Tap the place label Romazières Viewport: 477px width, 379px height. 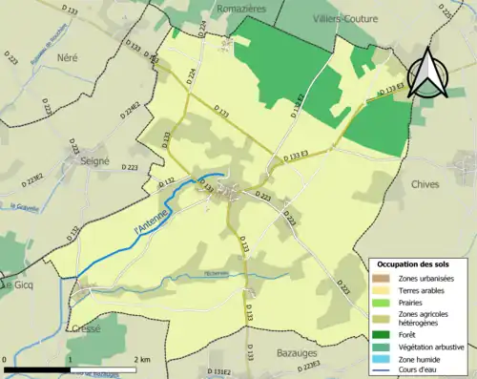point(239,6)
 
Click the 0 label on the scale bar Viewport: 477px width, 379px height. point(6,359)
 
